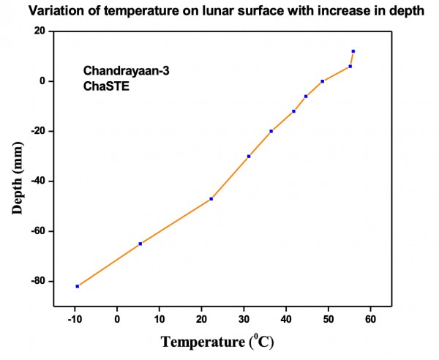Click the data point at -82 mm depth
[77, 286]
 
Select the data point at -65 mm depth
[140, 244]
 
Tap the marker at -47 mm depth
[211, 199]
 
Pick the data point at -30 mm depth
[249, 156]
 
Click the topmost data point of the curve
[353, 51]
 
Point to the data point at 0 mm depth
[322, 81]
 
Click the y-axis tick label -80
[37, 281]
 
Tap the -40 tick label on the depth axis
[37, 181]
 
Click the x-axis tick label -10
[75, 319]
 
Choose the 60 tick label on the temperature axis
[370, 319]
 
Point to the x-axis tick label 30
[244, 319]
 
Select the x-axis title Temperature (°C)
[217, 342]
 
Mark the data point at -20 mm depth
[271, 131]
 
